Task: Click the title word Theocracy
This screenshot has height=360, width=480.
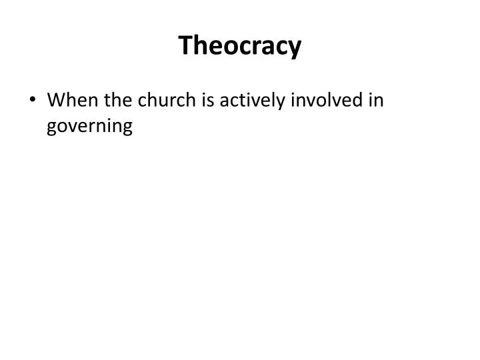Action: point(240,46)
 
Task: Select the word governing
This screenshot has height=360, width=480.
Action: point(90,127)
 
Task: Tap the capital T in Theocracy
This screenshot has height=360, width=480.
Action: point(185,46)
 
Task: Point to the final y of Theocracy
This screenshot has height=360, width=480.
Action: point(294,49)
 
